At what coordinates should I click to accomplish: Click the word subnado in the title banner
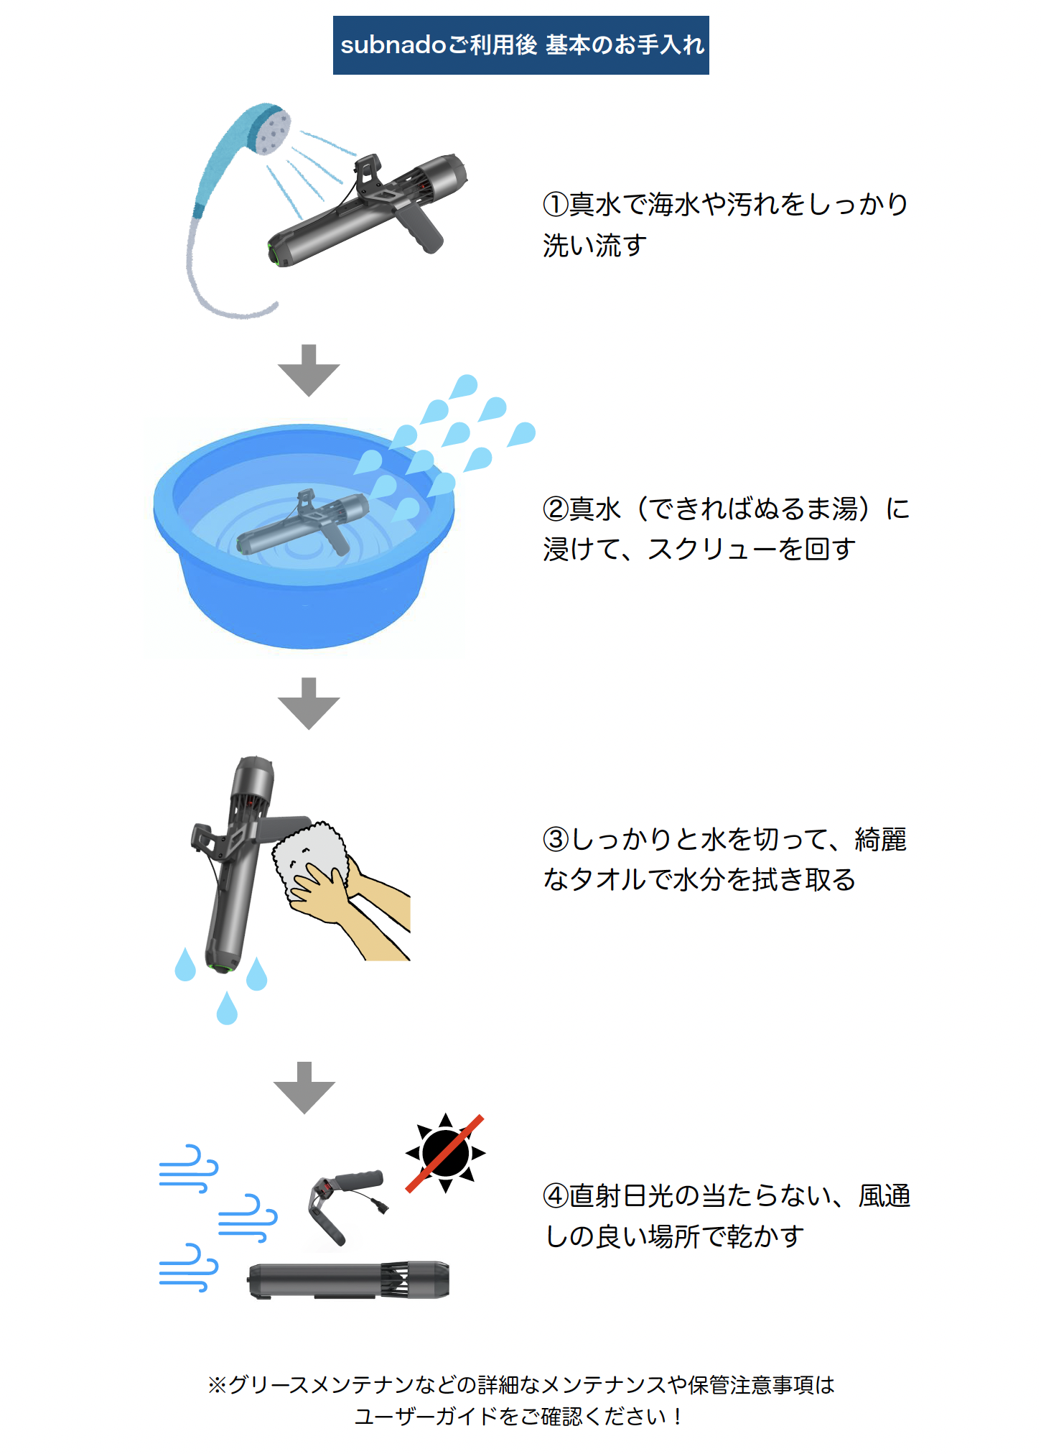(x=393, y=45)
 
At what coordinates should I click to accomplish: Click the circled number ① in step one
(x=556, y=205)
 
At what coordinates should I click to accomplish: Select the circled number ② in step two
(x=556, y=509)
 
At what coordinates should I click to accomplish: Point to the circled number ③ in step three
(x=556, y=839)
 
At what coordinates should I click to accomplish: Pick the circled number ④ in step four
(x=556, y=1196)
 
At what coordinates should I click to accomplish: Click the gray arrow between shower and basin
(x=309, y=371)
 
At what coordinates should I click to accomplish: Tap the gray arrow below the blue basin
(x=309, y=704)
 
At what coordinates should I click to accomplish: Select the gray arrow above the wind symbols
(x=304, y=1088)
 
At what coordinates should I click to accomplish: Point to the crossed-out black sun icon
(x=445, y=1153)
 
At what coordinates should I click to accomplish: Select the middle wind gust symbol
(x=248, y=1218)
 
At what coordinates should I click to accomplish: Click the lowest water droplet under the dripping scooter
(x=227, y=1008)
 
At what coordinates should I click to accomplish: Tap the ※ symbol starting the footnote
(x=217, y=1384)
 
